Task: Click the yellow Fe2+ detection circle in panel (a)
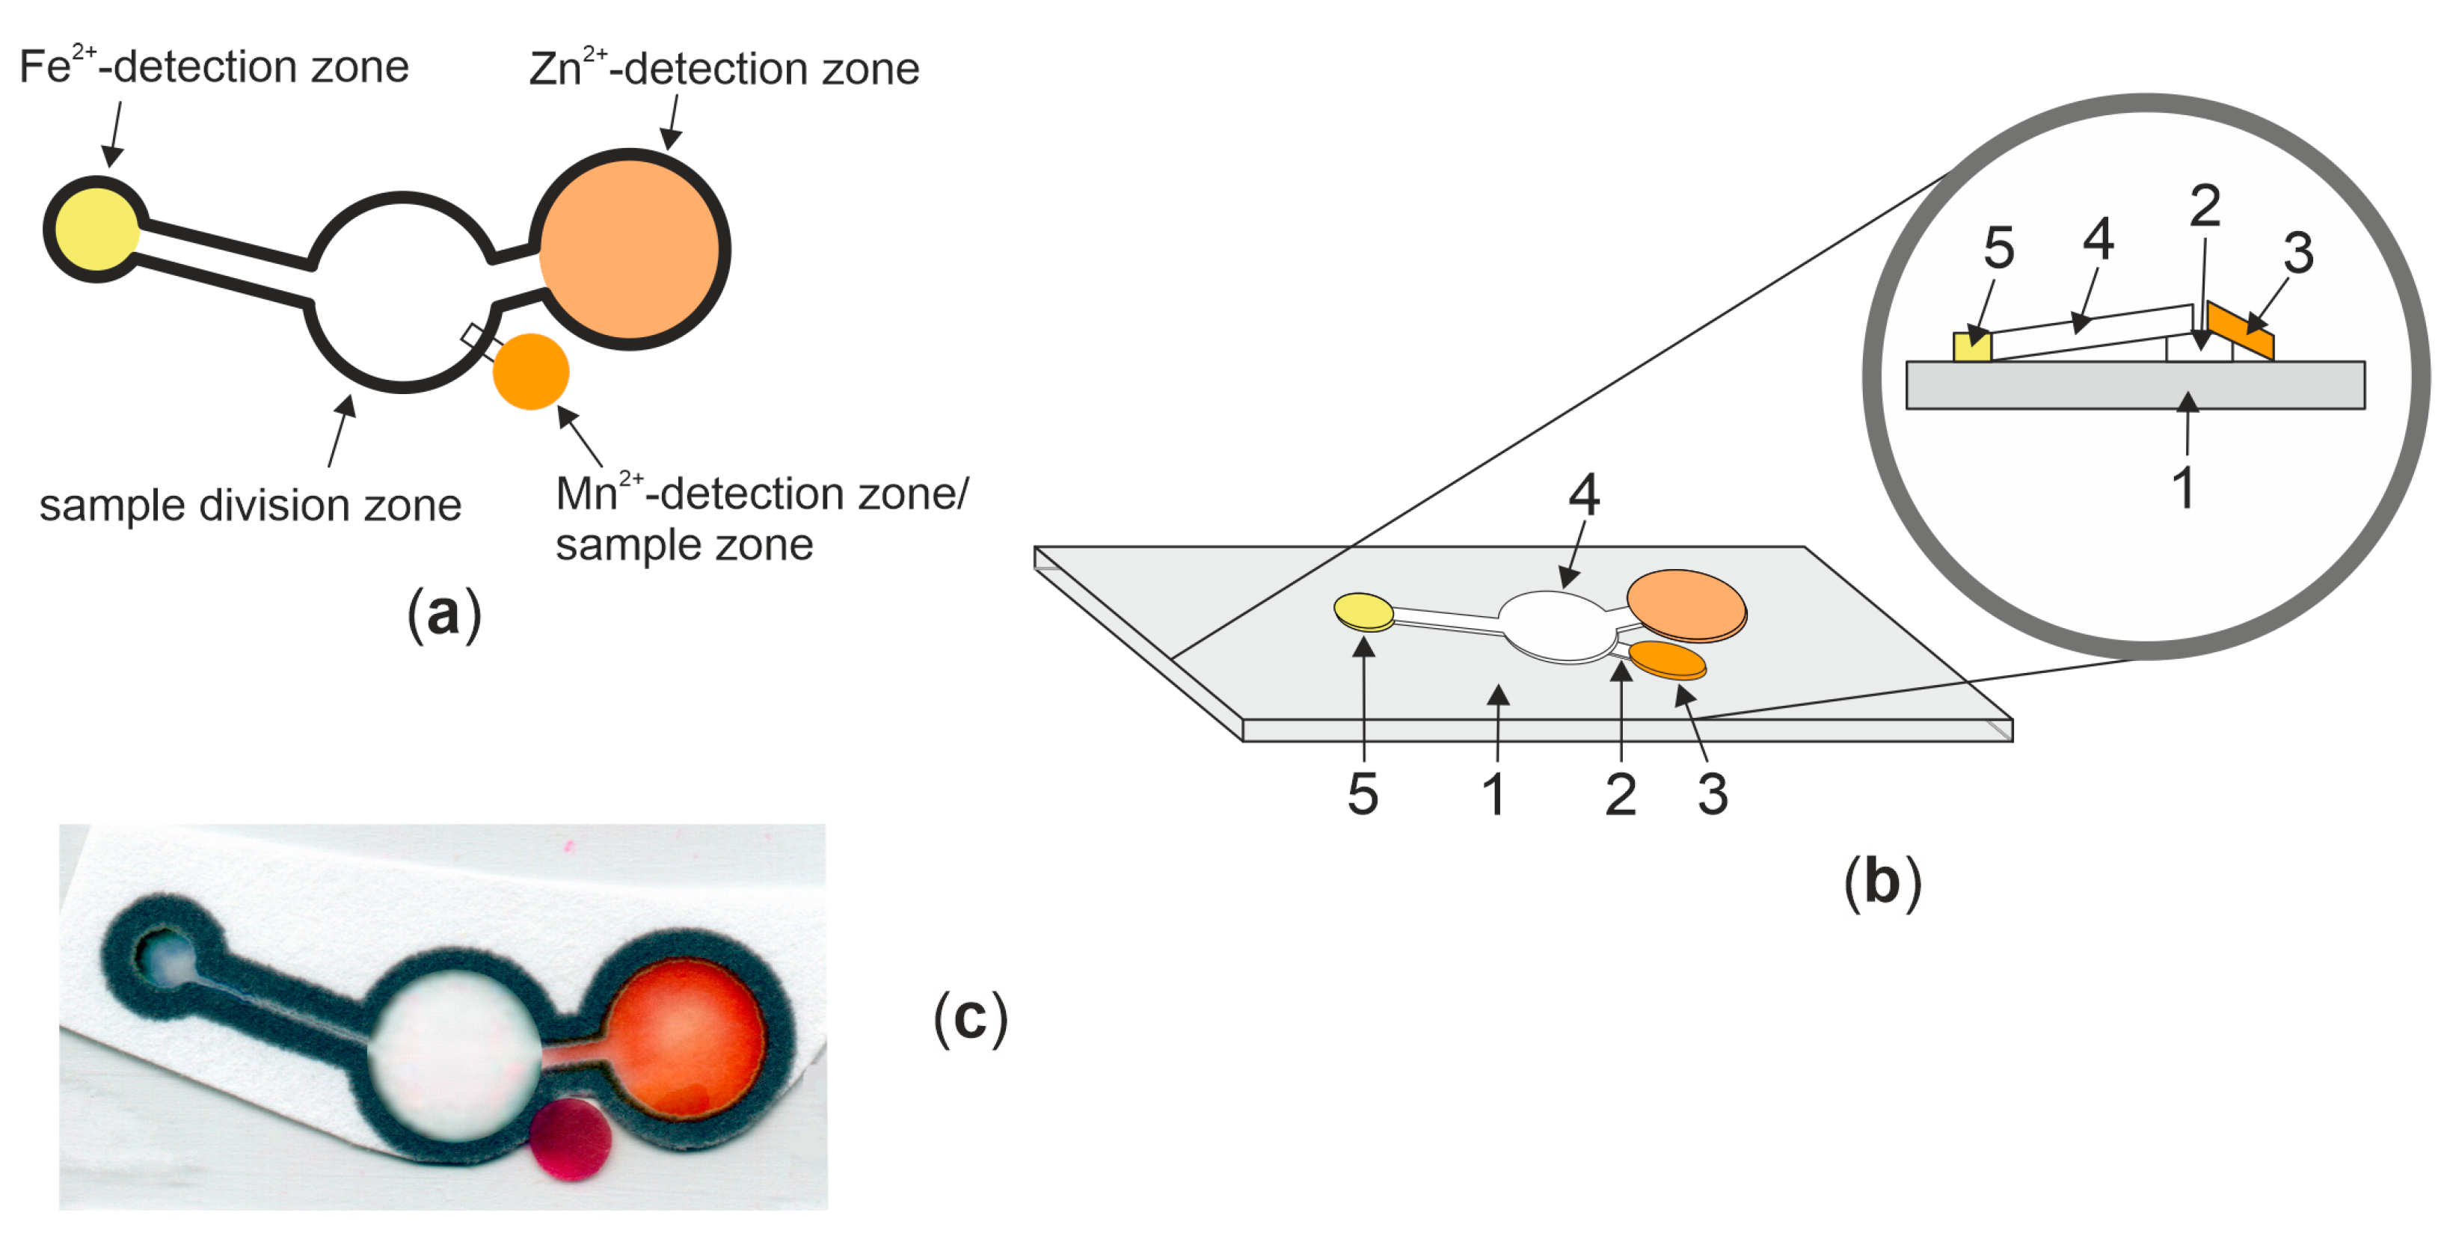[x=95, y=230]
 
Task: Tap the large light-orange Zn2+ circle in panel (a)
[x=629, y=249]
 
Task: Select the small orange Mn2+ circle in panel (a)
[x=531, y=372]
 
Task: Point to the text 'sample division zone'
[x=249, y=505]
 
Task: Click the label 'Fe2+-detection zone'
[x=214, y=67]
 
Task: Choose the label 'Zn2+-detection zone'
[x=724, y=69]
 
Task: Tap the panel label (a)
[x=444, y=615]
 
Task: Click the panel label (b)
[x=1882, y=882]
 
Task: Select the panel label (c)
[x=970, y=1018]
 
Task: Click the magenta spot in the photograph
[x=570, y=1139]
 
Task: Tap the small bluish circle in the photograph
[x=168, y=959]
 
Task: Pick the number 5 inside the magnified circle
[x=1998, y=248]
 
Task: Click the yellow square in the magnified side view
[x=1971, y=346]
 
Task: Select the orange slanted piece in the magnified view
[x=2240, y=330]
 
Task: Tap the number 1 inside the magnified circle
[x=2183, y=488]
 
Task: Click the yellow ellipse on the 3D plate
[x=1364, y=612]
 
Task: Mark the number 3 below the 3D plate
[x=1712, y=794]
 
